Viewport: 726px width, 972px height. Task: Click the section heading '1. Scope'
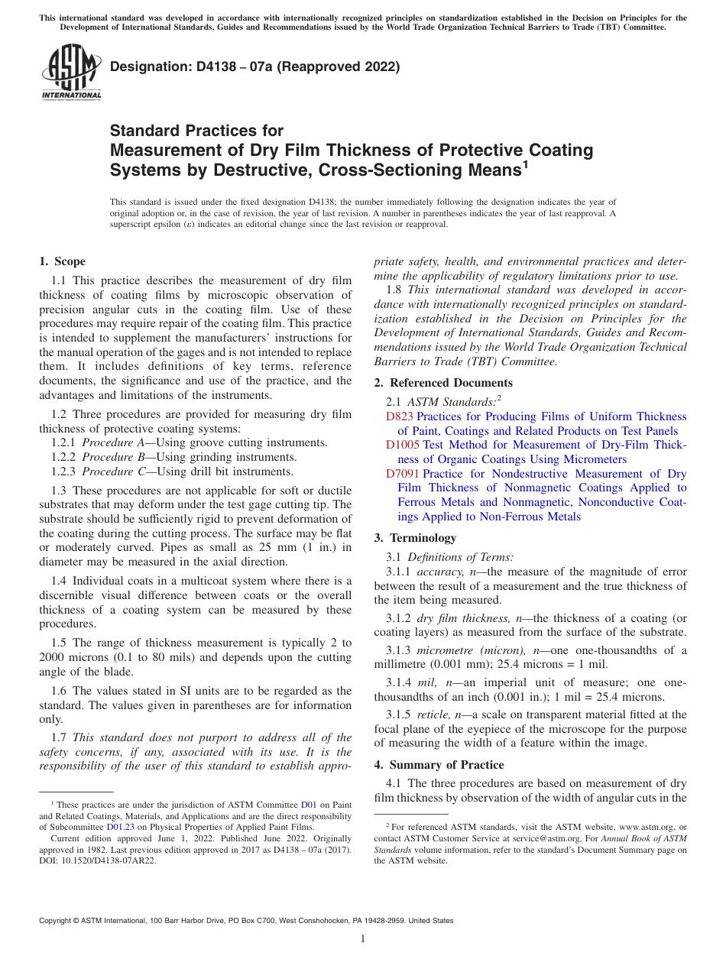click(63, 261)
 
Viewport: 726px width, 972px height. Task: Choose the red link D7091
click(403, 474)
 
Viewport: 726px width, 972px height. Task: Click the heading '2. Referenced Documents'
click(443, 383)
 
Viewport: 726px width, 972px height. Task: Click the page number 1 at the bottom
click(363, 939)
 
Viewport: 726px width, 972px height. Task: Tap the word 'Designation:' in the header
click(148, 67)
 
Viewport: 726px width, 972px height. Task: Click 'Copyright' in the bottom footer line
click(57, 921)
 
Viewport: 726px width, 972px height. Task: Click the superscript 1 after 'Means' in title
click(525, 163)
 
